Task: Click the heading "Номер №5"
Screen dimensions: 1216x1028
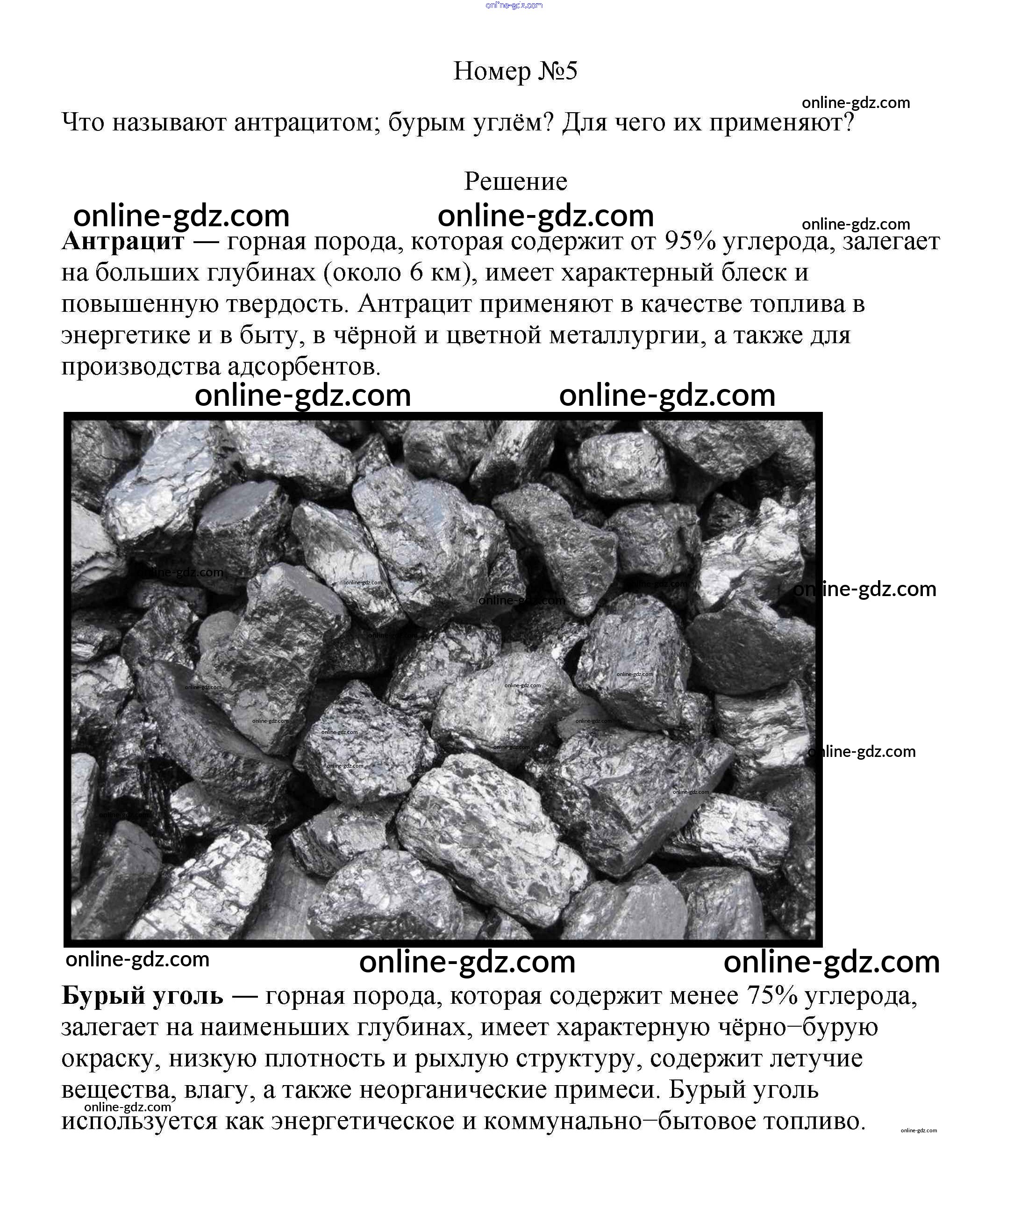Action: (515, 71)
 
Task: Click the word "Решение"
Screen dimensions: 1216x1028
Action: (515, 181)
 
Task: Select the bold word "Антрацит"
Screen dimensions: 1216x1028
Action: (123, 241)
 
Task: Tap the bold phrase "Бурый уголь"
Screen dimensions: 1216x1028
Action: (142, 996)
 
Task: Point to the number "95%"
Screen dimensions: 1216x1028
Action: (690, 241)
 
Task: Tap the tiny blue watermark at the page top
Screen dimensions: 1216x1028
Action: (514, 5)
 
